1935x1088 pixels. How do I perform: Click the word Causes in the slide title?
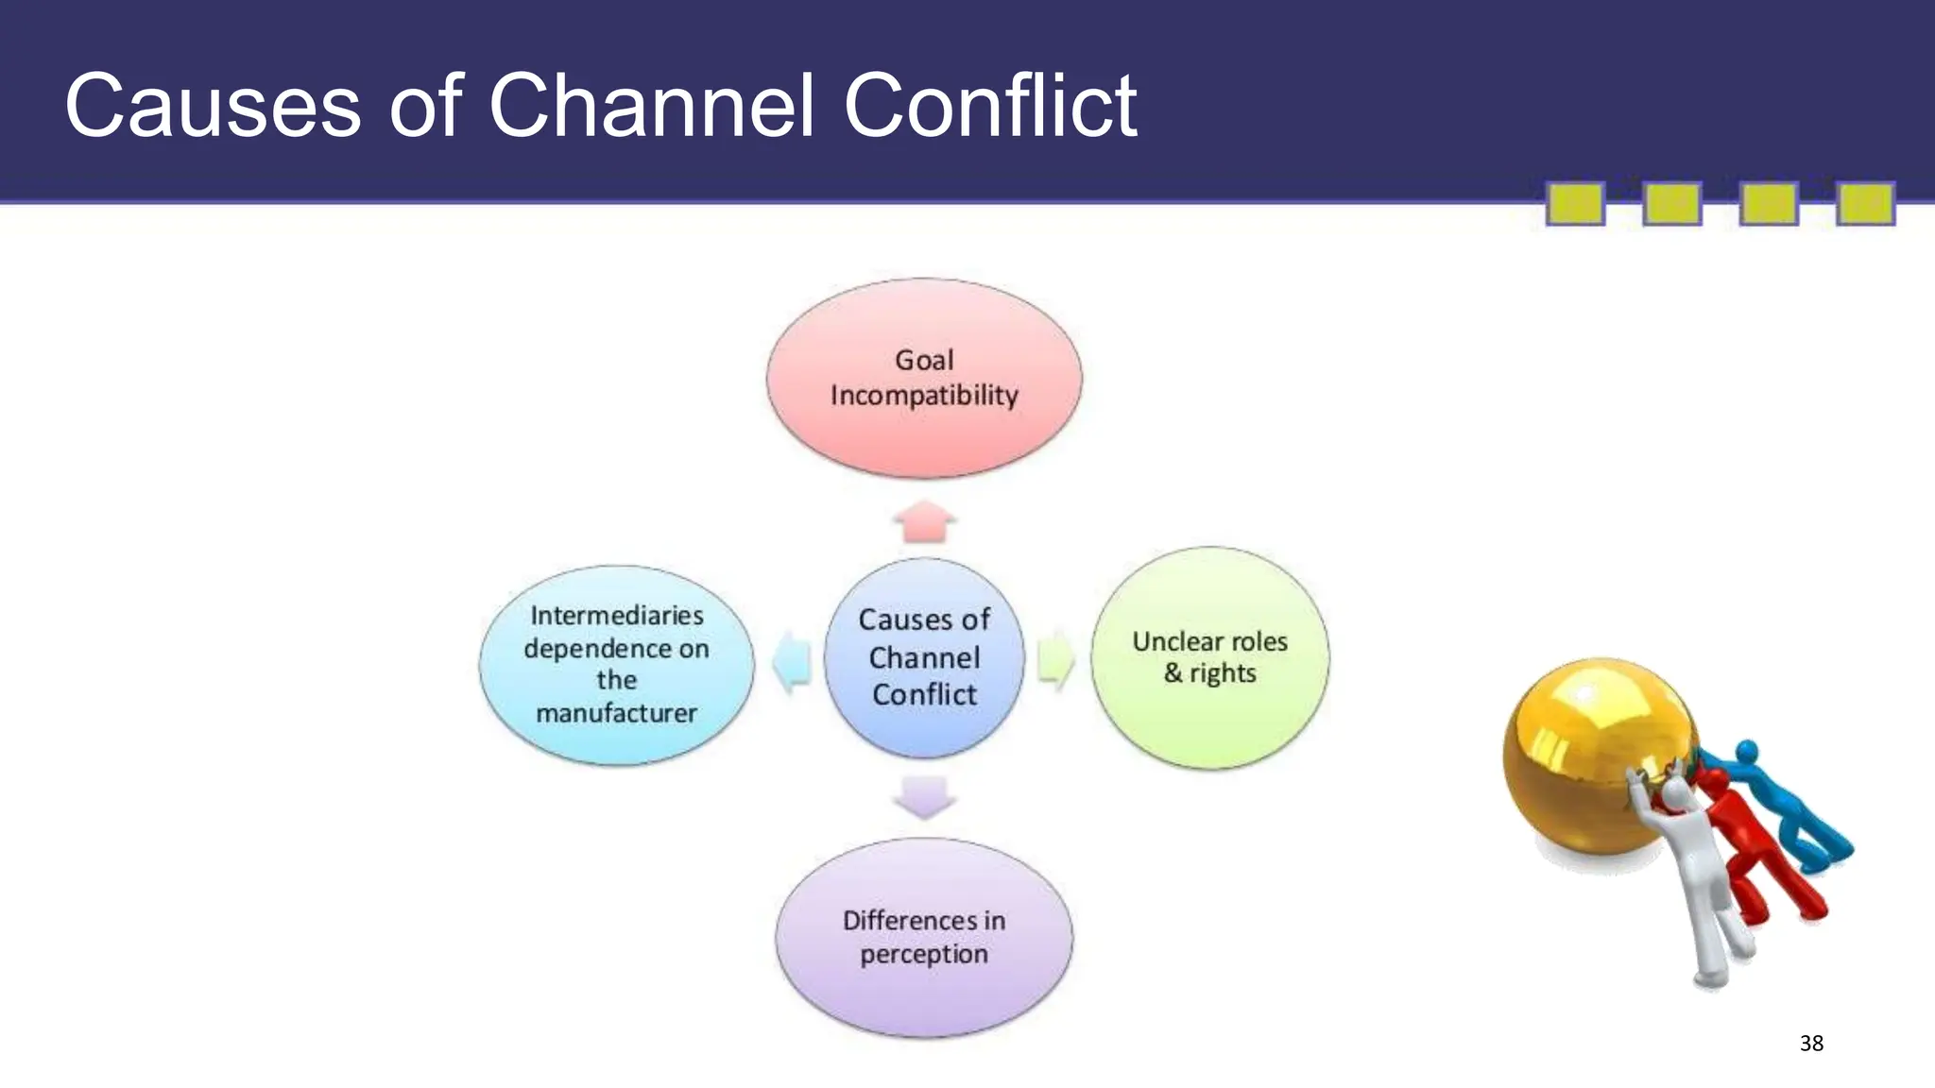[213, 106]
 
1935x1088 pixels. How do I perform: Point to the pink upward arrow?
[924, 522]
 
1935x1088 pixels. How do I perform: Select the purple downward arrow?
[924, 796]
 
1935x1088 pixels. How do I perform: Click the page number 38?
[1810, 1043]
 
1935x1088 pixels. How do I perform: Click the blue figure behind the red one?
[1795, 803]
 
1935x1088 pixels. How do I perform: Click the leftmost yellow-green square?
[1574, 204]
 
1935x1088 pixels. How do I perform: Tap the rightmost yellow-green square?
[1865, 204]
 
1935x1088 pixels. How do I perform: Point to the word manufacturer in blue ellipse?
[616, 713]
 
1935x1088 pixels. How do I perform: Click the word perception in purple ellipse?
[923, 954]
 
